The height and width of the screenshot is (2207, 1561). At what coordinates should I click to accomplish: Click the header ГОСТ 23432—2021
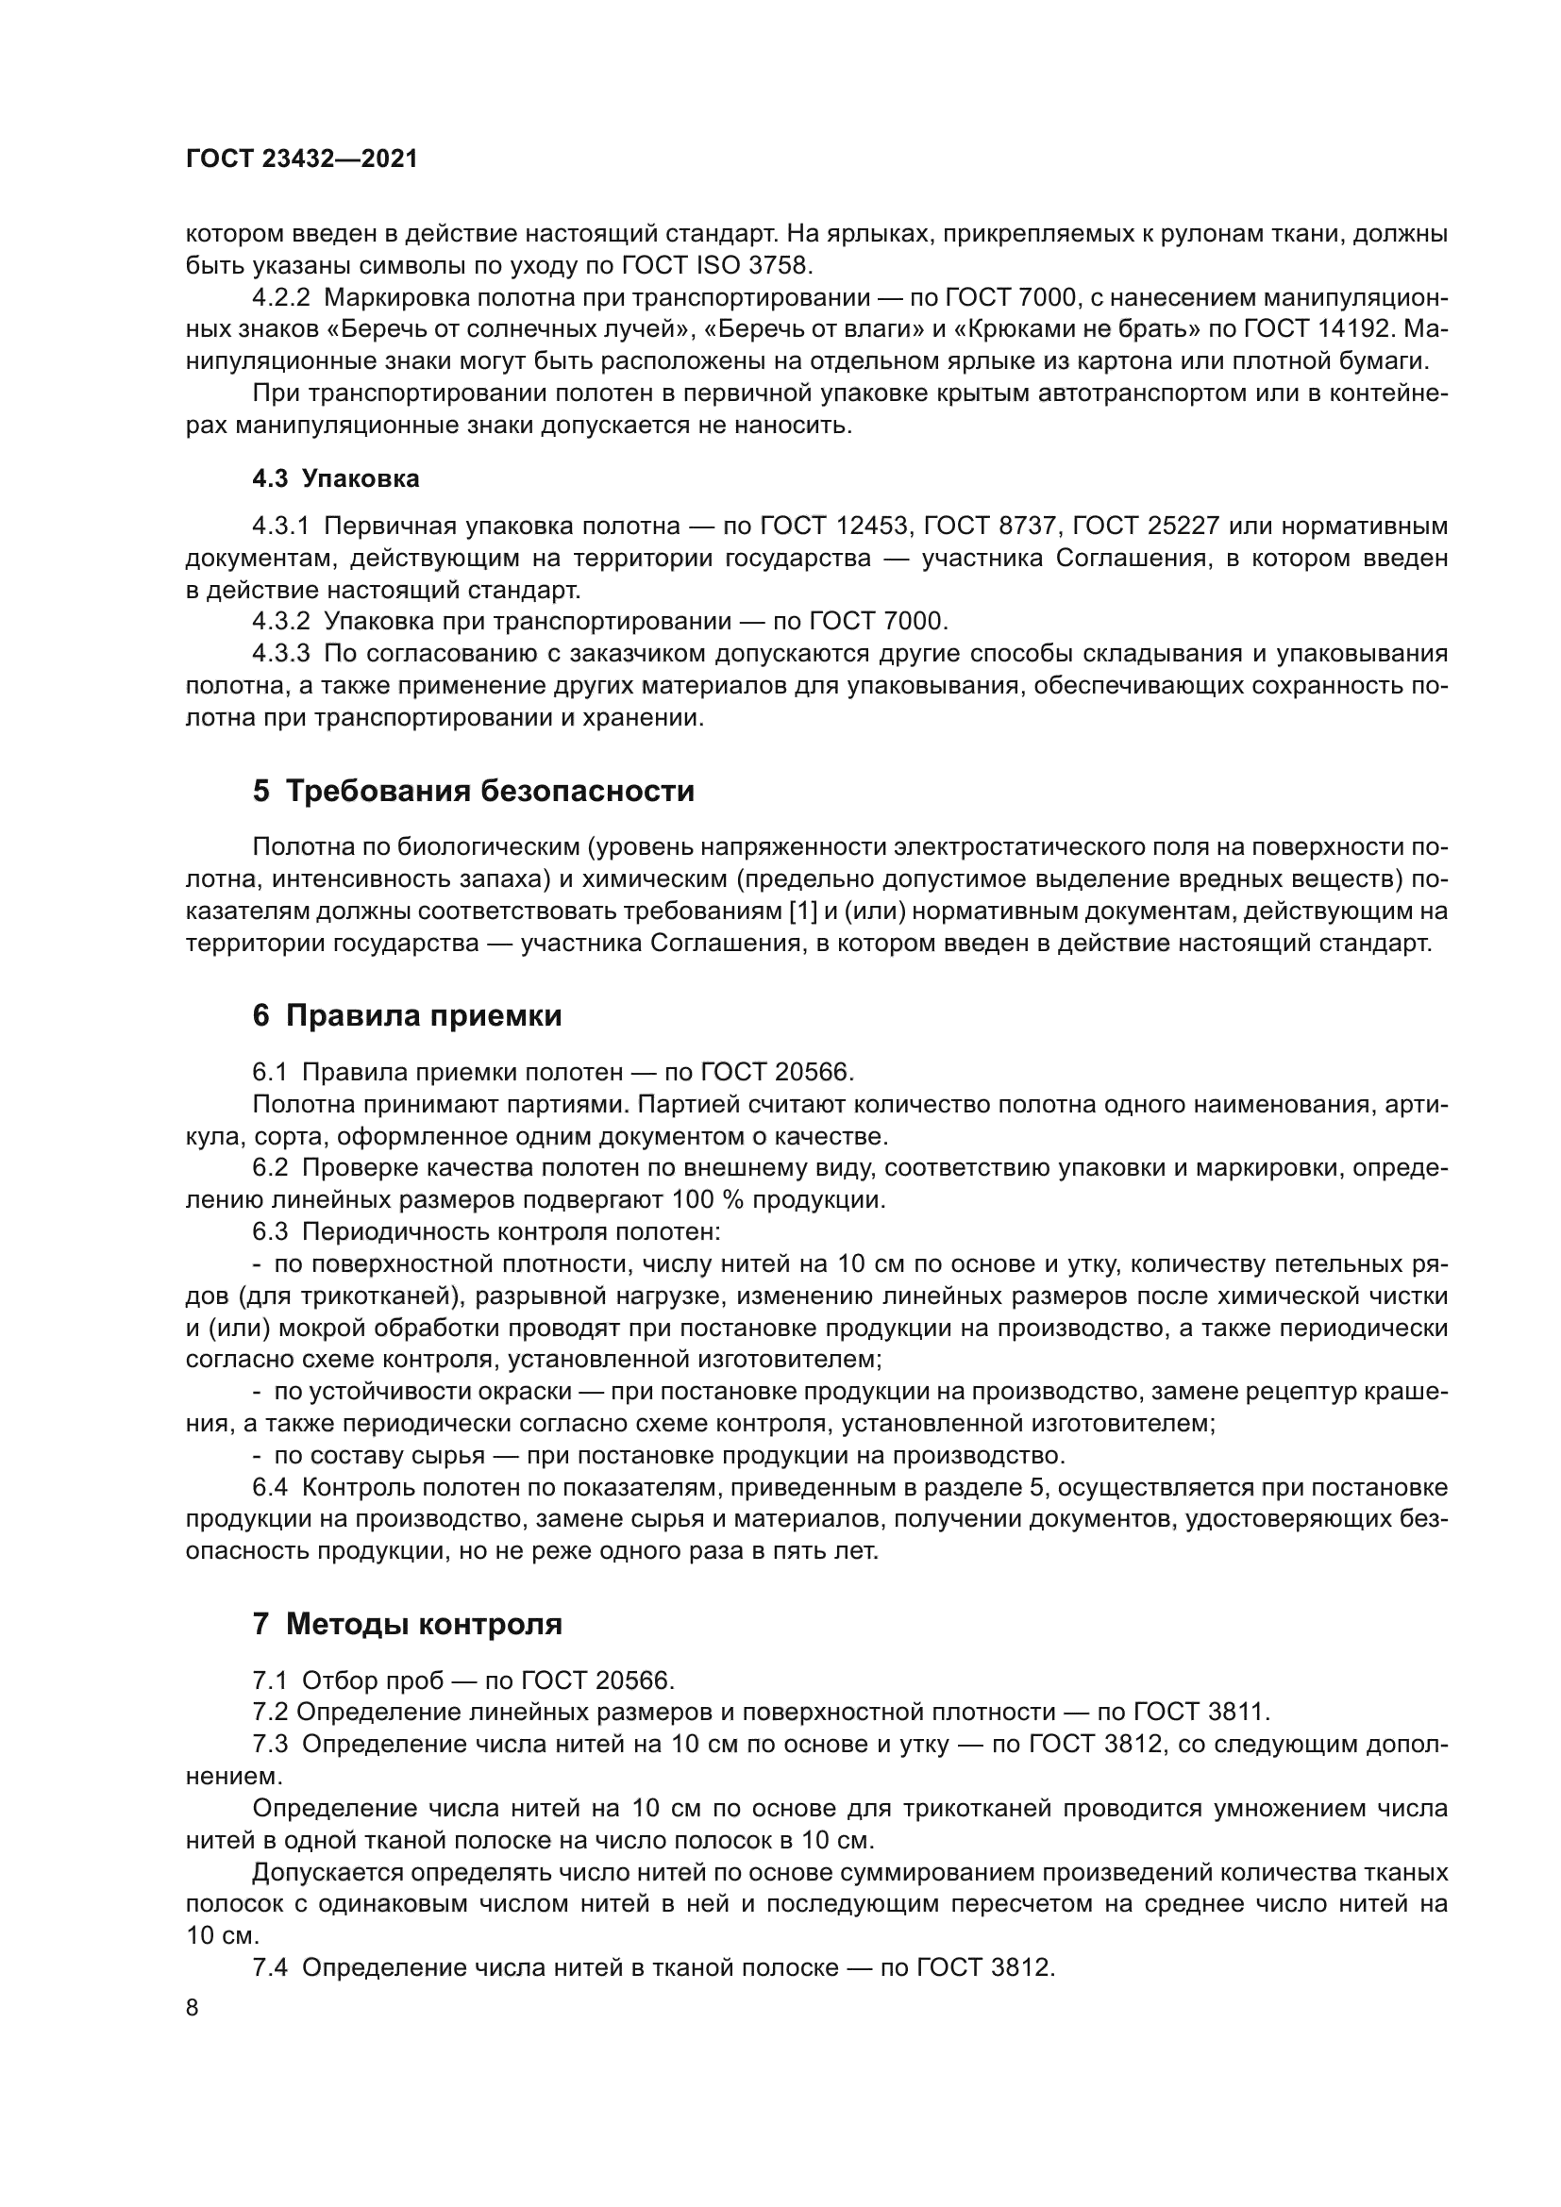(302, 159)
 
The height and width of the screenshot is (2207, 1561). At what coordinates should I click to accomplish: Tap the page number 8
(193, 2008)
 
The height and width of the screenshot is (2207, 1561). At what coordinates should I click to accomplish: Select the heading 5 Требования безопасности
(473, 791)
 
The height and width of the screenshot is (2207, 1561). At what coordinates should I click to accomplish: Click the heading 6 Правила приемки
(407, 1016)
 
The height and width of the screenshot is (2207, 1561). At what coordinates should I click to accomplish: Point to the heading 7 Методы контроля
(407, 1625)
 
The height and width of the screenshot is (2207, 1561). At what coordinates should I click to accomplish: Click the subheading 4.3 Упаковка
(335, 478)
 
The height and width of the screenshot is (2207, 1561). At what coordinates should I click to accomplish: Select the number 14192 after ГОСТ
(1351, 328)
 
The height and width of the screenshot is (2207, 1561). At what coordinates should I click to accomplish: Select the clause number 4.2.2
(281, 297)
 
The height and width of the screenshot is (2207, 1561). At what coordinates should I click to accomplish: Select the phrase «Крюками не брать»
(1077, 328)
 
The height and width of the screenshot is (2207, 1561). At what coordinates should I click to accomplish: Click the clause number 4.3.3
(281, 654)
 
